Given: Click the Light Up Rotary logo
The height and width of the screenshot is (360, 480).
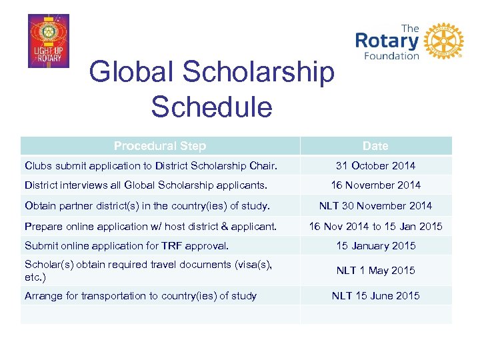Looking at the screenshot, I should pos(48,41).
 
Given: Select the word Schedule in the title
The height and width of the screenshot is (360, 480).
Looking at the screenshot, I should pos(211,107).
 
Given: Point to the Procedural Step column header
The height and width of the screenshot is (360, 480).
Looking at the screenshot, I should pos(160,146).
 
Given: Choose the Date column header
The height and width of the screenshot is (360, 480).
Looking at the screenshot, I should pos(375,146).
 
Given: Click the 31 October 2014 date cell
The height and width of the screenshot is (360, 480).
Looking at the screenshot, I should pos(375,165).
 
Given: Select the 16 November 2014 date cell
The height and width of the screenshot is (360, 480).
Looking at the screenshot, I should pos(375,185).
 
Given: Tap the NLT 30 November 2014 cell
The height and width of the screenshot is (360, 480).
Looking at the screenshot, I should pos(375,205).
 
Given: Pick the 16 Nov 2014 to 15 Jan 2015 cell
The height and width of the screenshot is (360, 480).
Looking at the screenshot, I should pos(375,226).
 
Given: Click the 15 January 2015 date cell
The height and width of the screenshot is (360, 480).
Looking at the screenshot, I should pos(375,246).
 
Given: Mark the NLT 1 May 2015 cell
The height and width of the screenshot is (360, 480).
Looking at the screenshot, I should pos(375,270).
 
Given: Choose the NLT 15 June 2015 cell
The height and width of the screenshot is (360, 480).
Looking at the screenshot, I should pos(375,295).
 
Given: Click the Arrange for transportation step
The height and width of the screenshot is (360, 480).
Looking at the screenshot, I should pos(141,295).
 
